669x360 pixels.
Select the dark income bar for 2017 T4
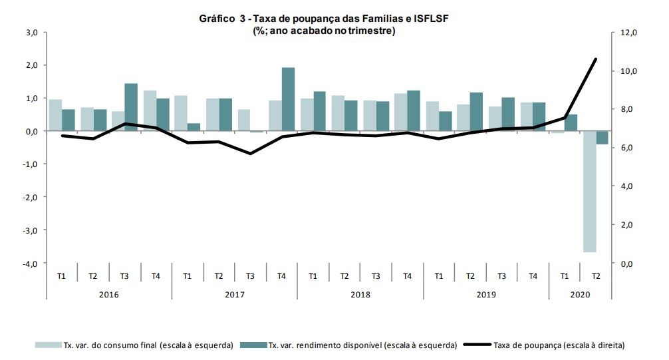point(288,99)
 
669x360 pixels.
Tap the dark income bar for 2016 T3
point(131,107)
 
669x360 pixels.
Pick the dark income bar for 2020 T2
point(602,137)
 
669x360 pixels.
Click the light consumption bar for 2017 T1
point(181,113)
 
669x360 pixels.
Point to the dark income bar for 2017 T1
point(194,127)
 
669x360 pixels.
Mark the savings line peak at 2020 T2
point(595,59)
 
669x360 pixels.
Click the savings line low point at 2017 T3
point(249,154)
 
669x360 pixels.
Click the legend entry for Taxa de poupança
point(558,345)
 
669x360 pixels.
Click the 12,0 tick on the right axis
point(629,32)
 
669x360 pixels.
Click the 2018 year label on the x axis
point(360,294)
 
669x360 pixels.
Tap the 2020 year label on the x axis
point(579,294)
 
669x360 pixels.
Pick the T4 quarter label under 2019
point(533,275)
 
